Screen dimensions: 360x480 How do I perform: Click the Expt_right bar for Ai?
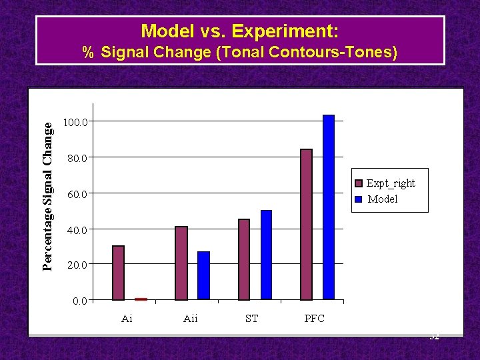(118, 273)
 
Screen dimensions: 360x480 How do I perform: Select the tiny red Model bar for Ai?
(141, 299)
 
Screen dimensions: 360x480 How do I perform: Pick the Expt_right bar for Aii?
(181, 263)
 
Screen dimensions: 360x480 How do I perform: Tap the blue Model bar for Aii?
(203, 276)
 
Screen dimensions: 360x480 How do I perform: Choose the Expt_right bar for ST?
(243, 260)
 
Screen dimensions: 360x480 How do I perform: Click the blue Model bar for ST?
(266, 255)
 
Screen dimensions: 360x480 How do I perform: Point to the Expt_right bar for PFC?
(306, 225)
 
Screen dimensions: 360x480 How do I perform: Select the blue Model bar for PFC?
(329, 207)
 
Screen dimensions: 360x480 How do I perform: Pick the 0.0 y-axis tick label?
(79, 301)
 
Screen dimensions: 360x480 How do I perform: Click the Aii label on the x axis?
(190, 319)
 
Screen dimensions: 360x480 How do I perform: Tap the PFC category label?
(314, 319)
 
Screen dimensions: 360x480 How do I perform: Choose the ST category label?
(251, 319)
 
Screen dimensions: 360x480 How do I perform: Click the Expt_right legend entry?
(390, 183)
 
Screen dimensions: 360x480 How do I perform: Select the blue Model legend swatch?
(359, 199)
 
